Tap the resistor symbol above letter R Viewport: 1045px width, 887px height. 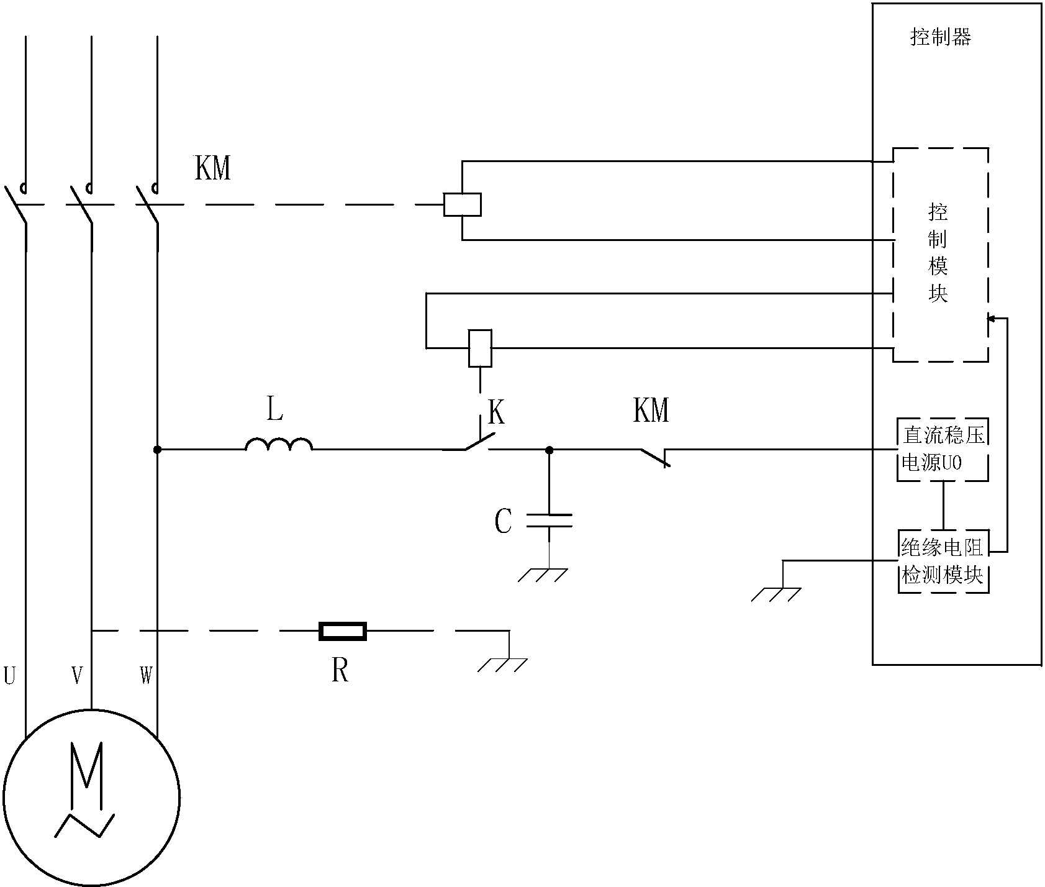[x=342, y=631]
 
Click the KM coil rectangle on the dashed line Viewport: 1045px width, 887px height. [x=462, y=204]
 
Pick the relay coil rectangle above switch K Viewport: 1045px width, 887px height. [x=479, y=348]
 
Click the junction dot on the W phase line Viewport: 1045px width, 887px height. [x=157, y=448]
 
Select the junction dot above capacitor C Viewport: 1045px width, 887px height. [x=549, y=448]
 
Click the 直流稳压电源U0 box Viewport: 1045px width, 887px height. [x=943, y=448]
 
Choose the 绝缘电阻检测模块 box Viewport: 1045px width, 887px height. [x=943, y=562]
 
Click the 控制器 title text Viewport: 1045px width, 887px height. [x=940, y=38]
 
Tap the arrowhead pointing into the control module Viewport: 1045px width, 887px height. [x=991, y=319]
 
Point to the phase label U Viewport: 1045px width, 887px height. [x=10, y=675]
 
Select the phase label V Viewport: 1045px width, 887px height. [x=76, y=675]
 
